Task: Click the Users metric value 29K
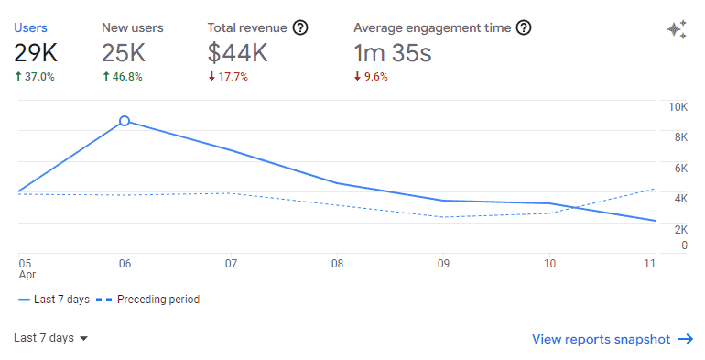coord(35,53)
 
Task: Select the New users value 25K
coord(125,53)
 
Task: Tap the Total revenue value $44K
coord(238,53)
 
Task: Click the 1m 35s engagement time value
coord(392,53)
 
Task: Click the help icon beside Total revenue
coord(300,27)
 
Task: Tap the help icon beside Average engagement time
coord(524,27)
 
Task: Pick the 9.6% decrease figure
coord(371,77)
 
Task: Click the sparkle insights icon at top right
coord(677,29)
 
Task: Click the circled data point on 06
coord(125,121)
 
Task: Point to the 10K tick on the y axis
coord(678,107)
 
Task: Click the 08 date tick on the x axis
coord(337,263)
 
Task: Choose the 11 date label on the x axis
coord(650,263)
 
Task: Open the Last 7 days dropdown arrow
coord(84,339)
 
